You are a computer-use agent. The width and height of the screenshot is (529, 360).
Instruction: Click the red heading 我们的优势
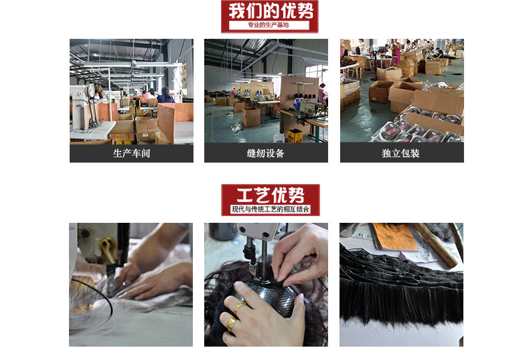pos(270,11)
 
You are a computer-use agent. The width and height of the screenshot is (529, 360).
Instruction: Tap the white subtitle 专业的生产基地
pos(269,25)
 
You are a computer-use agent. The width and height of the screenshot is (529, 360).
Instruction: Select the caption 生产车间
pos(131,154)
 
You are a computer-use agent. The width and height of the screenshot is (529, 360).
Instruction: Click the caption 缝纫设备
pos(266,154)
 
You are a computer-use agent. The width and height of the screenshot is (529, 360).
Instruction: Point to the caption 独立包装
pos(402,154)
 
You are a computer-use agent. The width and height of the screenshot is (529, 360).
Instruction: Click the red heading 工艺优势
pos(271,195)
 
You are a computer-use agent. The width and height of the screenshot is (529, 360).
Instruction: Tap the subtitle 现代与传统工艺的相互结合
pos(271,209)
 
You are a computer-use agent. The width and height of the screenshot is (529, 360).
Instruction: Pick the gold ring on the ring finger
pos(230,325)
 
